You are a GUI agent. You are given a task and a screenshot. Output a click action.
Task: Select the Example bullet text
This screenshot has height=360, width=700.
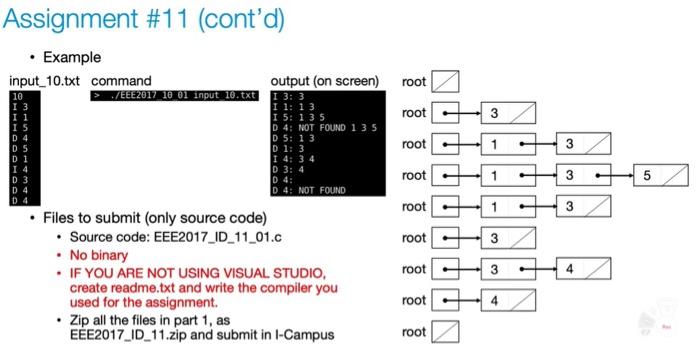tap(72, 57)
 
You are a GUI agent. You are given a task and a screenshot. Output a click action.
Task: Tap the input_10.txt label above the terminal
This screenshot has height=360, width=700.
tap(44, 80)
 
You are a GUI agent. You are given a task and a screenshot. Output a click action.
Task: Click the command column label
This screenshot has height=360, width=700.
tap(121, 80)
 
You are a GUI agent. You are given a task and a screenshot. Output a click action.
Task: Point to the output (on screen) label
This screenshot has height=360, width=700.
tap(324, 80)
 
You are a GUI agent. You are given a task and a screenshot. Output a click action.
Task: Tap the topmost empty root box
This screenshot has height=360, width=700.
tap(446, 81)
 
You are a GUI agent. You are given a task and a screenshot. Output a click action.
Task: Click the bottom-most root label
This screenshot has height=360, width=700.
tap(414, 332)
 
